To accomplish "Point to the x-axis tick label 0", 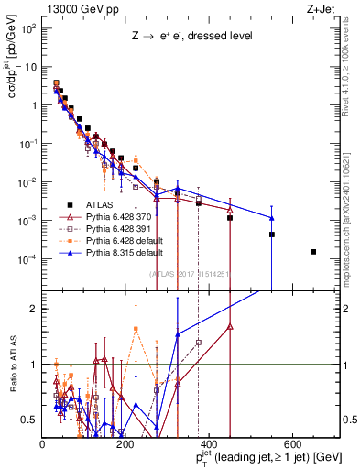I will [43, 443].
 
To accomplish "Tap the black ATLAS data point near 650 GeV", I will [313, 251].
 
